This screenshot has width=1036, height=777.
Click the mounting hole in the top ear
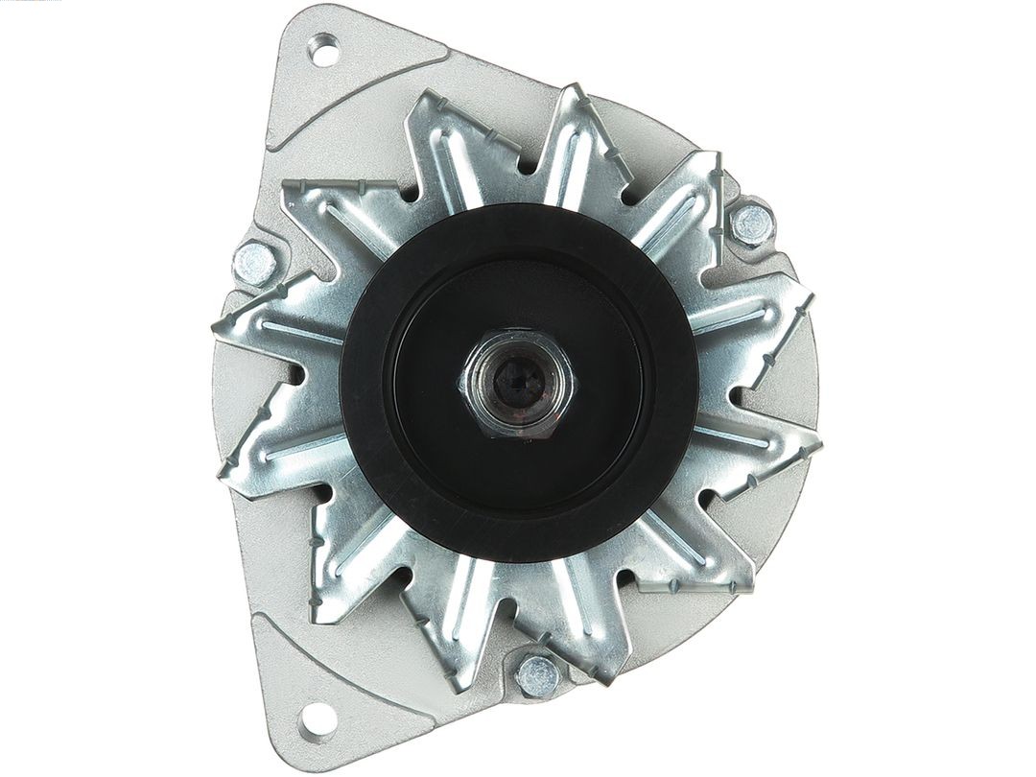point(324,50)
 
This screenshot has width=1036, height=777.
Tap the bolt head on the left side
point(254,262)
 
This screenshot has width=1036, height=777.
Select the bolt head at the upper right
point(752,224)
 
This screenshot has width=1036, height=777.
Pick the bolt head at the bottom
point(538,675)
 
